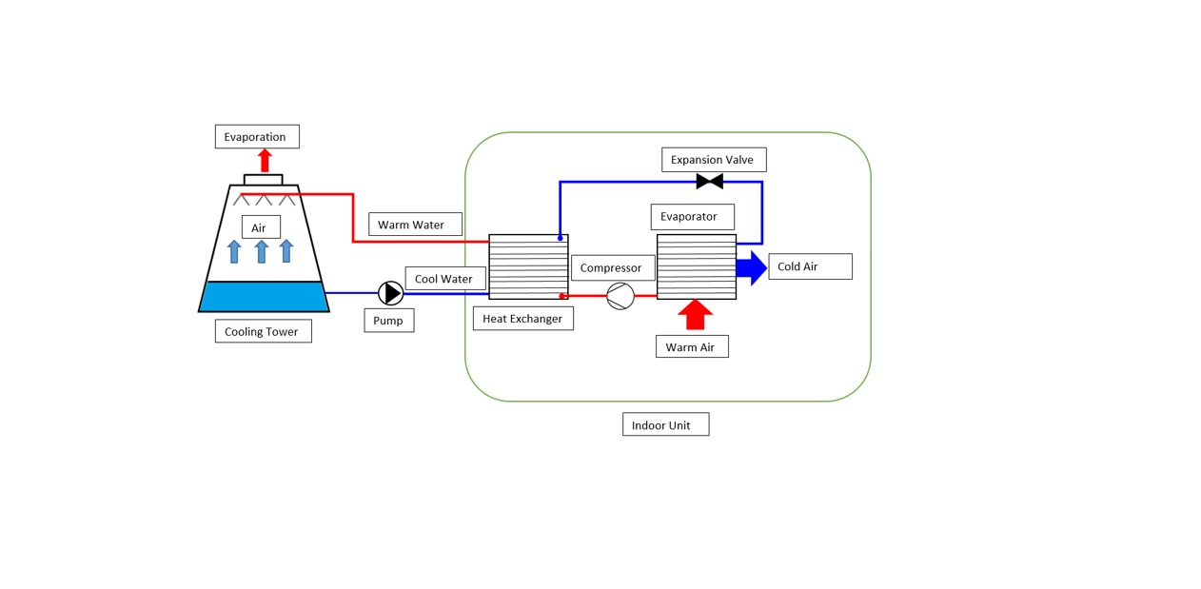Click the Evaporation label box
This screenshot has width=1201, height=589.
click(257, 137)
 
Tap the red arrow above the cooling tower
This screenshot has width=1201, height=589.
click(265, 160)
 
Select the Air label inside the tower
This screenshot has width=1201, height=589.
click(260, 228)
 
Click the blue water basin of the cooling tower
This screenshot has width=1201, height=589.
click(264, 296)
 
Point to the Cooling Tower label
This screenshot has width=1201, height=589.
click(263, 332)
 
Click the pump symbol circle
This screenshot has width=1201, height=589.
click(391, 293)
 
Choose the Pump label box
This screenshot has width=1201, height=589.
click(388, 321)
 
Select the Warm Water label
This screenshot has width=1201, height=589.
click(415, 226)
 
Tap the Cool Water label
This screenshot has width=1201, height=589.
click(445, 279)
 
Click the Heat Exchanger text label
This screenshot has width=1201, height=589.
click(522, 319)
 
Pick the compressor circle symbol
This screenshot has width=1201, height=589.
click(620, 296)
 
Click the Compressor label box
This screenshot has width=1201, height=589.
click(613, 268)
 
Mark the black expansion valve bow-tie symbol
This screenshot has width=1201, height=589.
click(710, 181)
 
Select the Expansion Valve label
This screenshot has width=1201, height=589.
click(714, 160)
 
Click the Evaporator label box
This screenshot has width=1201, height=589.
click(692, 217)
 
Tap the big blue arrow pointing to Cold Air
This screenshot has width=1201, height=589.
click(752, 267)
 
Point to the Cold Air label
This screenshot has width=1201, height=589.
click(809, 266)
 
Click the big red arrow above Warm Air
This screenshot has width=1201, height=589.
click(695, 314)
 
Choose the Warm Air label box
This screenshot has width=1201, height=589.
click(692, 347)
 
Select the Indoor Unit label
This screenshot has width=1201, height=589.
click(665, 425)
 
